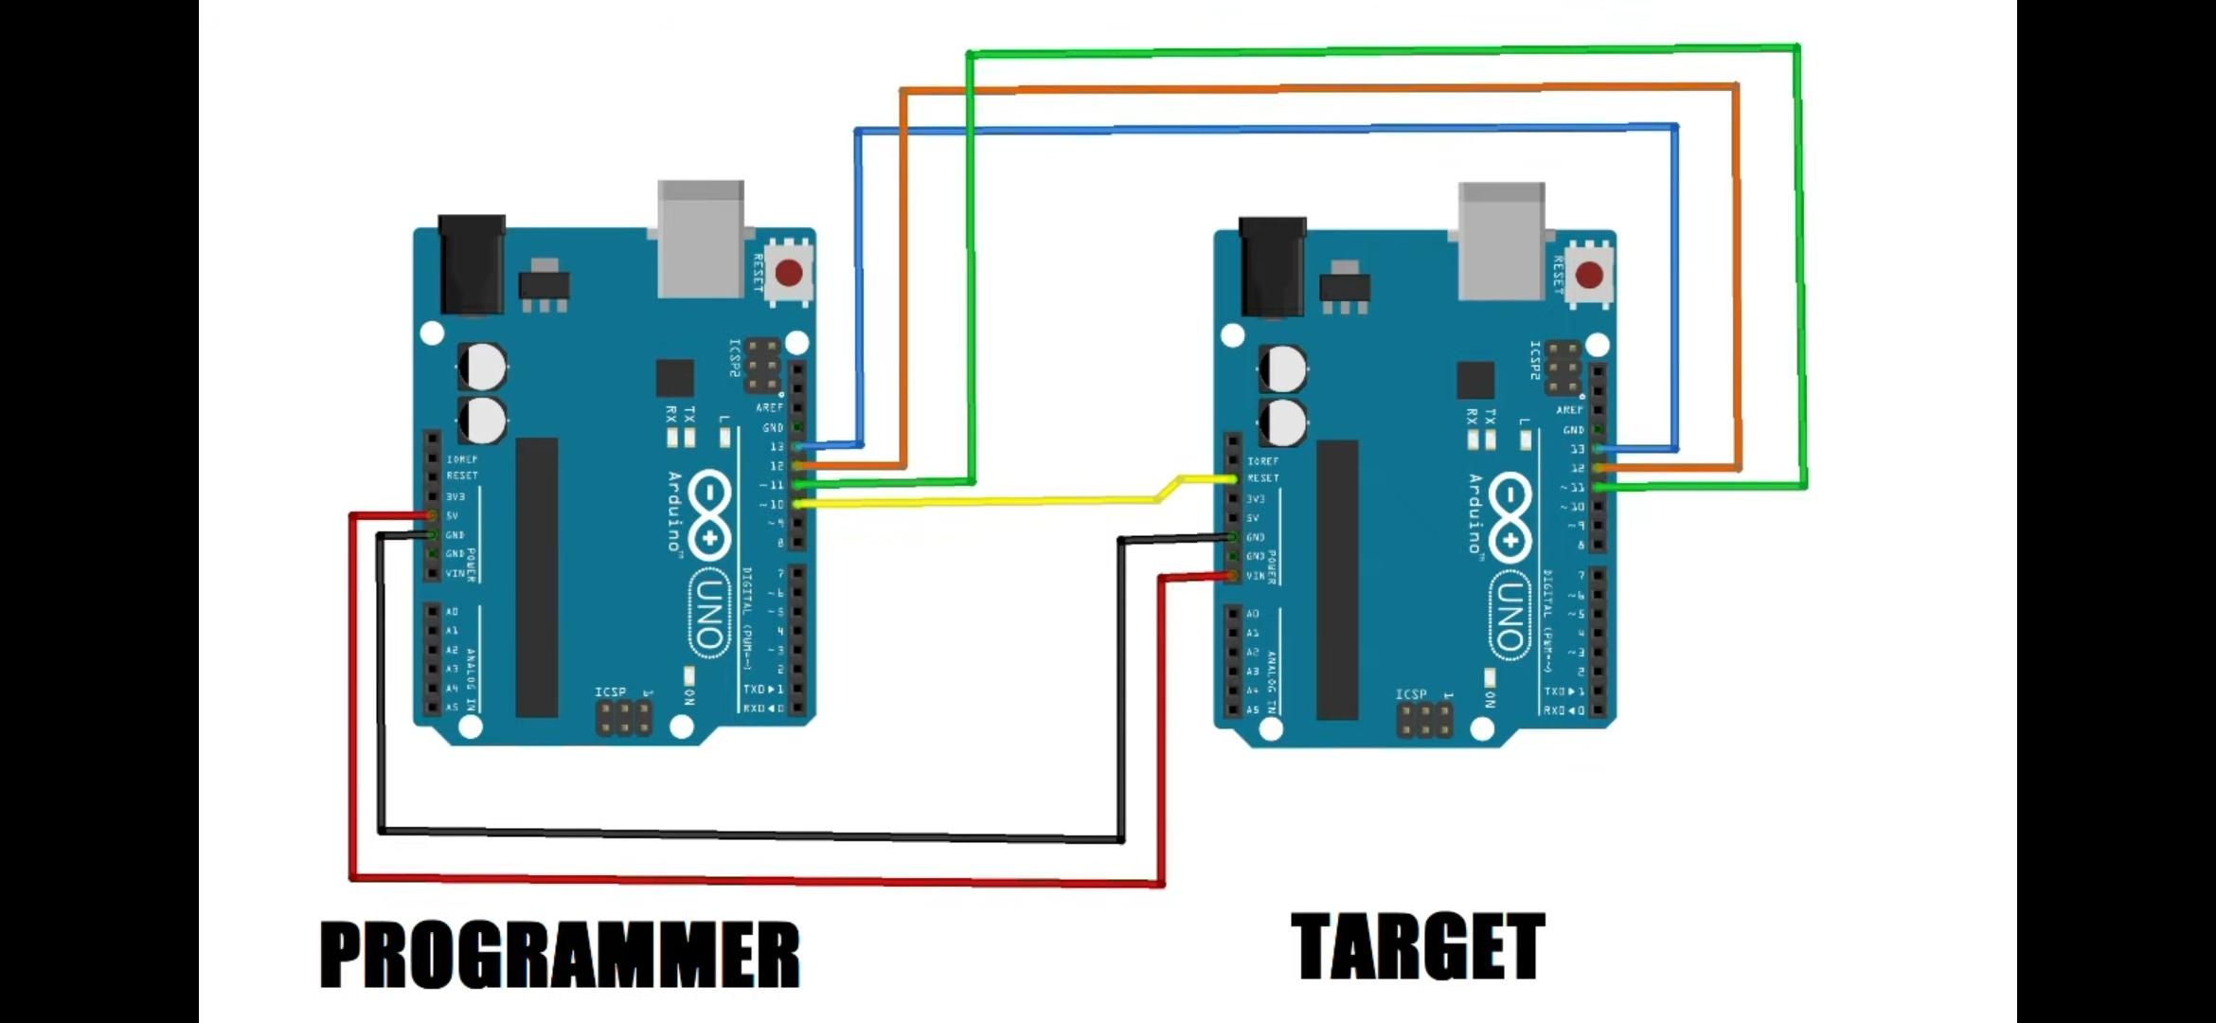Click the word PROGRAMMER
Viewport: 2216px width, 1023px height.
point(560,955)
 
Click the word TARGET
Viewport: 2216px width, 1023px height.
point(1418,946)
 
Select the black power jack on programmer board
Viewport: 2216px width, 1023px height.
point(472,264)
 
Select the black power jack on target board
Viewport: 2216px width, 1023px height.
point(1272,266)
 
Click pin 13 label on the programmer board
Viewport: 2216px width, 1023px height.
point(777,446)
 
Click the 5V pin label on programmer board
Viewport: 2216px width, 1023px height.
point(453,516)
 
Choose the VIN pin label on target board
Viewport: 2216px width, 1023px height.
point(1255,576)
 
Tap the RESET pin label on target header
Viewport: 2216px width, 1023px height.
point(1263,478)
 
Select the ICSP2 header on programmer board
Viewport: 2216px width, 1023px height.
point(763,365)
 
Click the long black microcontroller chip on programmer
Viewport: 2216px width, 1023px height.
point(537,577)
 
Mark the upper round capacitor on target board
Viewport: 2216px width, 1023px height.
point(1283,368)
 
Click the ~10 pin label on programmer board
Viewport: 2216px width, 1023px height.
point(773,505)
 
